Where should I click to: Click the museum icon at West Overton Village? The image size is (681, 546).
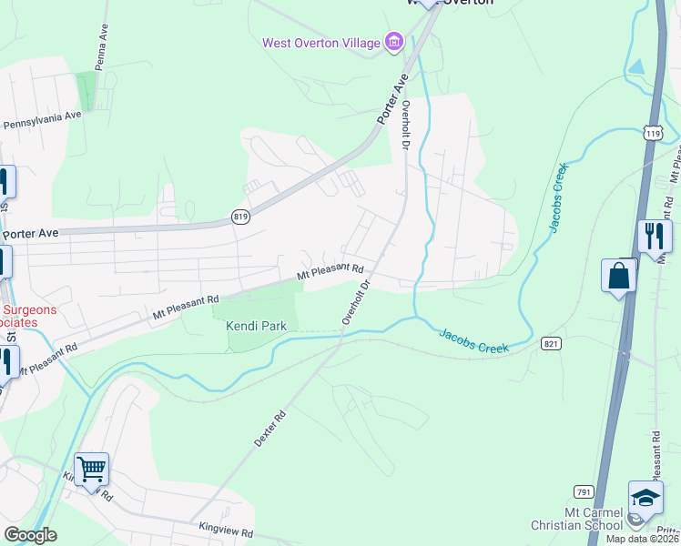[x=394, y=41]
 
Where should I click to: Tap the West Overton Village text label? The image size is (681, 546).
[x=321, y=43]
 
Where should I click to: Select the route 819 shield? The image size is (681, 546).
[x=240, y=217]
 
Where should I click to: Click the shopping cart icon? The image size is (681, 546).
[x=91, y=470]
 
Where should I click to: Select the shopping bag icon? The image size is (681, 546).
[x=618, y=276]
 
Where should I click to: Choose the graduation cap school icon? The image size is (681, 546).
[x=645, y=499]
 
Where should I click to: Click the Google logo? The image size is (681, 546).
[x=30, y=535]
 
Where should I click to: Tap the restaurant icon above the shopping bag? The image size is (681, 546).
[x=654, y=236]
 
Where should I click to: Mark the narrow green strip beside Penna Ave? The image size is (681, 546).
[x=86, y=92]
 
